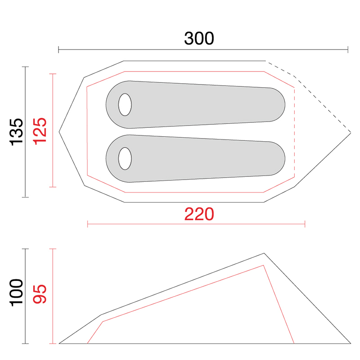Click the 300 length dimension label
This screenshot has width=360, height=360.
199,38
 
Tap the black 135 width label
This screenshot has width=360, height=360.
17,132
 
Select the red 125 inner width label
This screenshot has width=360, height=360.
40,131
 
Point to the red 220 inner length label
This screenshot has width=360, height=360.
199,214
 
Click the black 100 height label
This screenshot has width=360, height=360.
17,293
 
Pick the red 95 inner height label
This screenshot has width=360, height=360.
40,294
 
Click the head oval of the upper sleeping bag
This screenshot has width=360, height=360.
125,105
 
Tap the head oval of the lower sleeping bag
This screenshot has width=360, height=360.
125,159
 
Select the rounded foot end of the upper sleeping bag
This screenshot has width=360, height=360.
277,105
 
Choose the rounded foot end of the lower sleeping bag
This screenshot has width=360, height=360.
277,159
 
